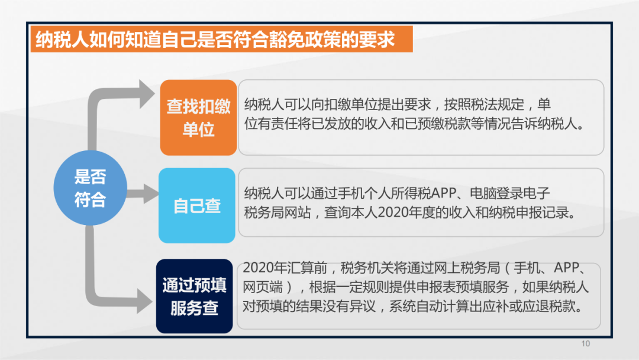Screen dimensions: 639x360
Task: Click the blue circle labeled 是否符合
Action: pyautogui.click(x=90, y=188)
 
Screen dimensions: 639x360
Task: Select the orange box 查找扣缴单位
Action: pyautogui.click(x=198, y=117)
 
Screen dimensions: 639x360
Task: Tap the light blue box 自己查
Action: pyautogui.click(x=197, y=205)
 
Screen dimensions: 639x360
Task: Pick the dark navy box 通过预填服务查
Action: pyautogui.click(x=195, y=296)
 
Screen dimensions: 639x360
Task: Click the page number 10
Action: pyautogui.click(x=586, y=343)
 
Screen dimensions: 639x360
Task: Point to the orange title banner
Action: pyautogui.click(x=222, y=39)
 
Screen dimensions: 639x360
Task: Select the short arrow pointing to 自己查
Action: pyautogui.click(x=143, y=193)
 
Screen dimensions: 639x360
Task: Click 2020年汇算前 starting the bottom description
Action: pyautogui.click(x=285, y=268)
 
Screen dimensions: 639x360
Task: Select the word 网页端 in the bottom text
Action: pyautogui.click(x=263, y=287)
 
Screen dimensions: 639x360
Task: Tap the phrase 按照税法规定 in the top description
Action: pyautogui.click(x=484, y=105)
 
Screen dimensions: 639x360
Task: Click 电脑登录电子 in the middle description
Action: pyautogui.click(x=510, y=193)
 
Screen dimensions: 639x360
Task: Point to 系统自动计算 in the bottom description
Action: pyautogui.click(x=429, y=307)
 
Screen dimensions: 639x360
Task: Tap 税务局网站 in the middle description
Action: pyautogui.click(x=277, y=213)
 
